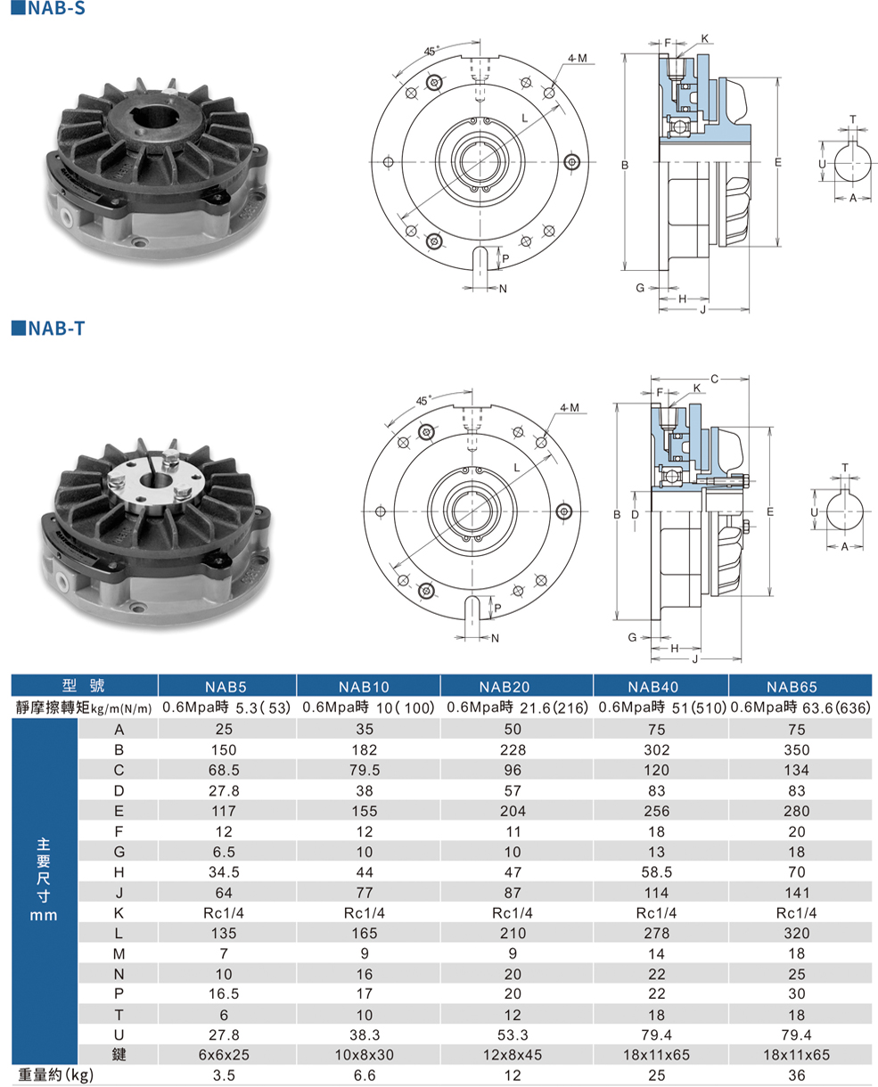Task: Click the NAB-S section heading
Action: (x=48, y=8)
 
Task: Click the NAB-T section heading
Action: (x=48, y=328)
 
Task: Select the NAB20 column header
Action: (x=505, y=687)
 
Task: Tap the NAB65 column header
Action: (x=792, y=687)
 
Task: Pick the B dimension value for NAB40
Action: (x=656, y=749)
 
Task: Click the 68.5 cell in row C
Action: (x=224, y=770)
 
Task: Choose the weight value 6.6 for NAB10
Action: (x=365, y=1075)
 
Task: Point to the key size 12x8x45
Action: (x=513, y=1054)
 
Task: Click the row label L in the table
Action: (x=119, y=934)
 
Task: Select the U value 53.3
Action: (x=513, y=1034)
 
